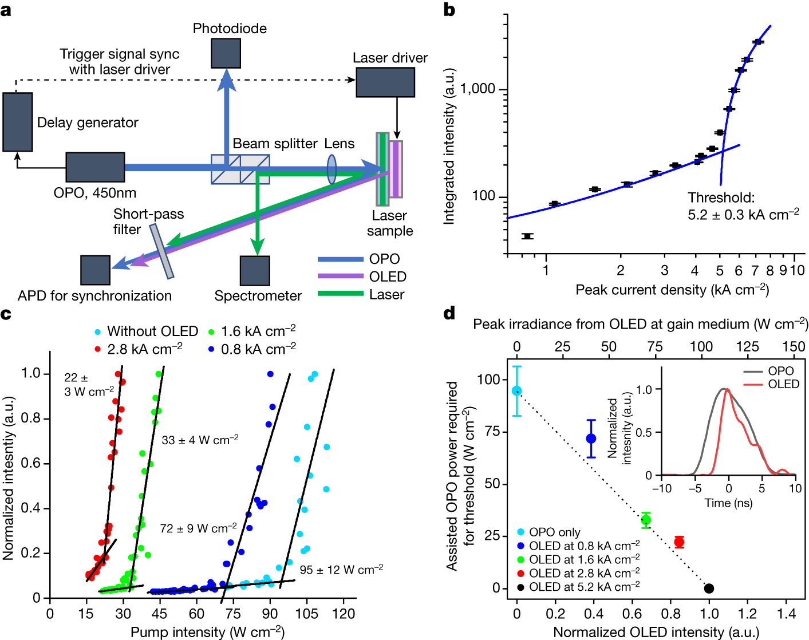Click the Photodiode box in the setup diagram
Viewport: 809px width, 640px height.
[226, 53]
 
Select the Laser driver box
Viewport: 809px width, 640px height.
[385, 82]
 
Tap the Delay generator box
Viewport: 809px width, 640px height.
[17, 122]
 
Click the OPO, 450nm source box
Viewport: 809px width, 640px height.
[95, 167]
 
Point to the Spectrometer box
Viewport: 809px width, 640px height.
[255, 271]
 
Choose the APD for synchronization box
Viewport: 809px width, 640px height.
[95, 270]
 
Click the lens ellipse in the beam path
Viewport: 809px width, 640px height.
[332, 168]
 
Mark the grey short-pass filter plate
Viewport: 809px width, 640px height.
[162, 251]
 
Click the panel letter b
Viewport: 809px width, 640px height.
[449, 10]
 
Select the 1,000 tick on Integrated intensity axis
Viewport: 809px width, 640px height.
[478, 89]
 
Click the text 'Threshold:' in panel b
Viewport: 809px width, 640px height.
[721, 198]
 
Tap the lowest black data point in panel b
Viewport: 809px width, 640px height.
[528, 236]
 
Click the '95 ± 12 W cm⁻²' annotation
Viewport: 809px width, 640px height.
[341, 570]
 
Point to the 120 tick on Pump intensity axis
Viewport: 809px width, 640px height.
[344, 614]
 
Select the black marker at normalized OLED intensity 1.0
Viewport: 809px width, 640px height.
[709, 588]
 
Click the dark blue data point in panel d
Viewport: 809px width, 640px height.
[591, 438]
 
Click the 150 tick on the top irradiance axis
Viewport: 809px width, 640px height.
[794, 346]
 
